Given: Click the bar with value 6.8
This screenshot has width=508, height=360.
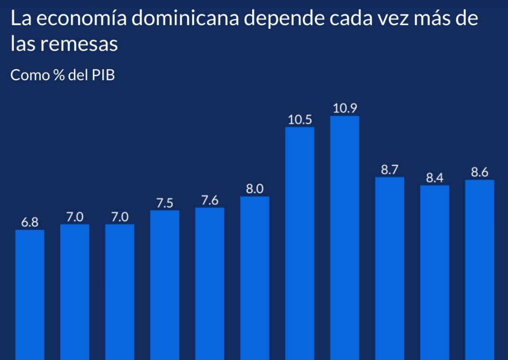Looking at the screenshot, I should pos(30,294).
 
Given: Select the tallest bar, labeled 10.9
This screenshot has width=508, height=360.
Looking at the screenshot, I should pos(345,237).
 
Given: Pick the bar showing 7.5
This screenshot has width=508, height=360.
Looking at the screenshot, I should pos(164,284).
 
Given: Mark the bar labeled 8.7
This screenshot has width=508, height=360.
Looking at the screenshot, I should pos(390,268).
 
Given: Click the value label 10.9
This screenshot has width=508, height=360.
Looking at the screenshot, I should pos(345,108).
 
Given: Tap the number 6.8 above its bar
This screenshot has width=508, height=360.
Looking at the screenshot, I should pos(30,222).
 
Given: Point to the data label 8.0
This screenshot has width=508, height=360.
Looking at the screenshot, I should pos(254,189).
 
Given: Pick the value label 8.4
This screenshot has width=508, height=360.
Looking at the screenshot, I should pos(435,178).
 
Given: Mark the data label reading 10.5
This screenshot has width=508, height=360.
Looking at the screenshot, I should pos(299,119).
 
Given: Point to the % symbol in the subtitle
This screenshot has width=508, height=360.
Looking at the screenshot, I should pos(59,75).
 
